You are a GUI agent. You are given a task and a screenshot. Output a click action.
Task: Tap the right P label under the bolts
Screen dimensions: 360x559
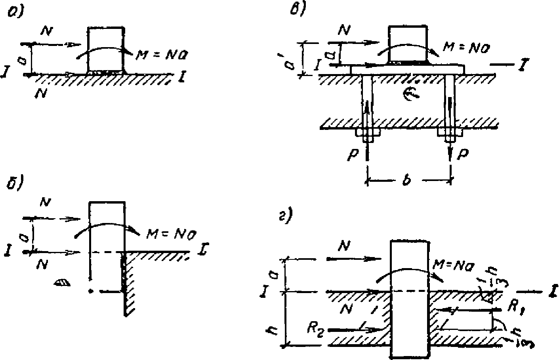pos(462,154)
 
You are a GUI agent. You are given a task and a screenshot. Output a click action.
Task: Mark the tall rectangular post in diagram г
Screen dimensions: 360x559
pos(410,299)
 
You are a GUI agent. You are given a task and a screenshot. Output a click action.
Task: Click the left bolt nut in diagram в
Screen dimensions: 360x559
pos(367,133)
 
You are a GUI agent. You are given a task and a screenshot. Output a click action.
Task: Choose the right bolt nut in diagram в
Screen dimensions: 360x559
pos(450,133)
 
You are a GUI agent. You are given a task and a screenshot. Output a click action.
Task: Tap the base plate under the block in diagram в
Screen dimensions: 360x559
pos(408,69)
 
